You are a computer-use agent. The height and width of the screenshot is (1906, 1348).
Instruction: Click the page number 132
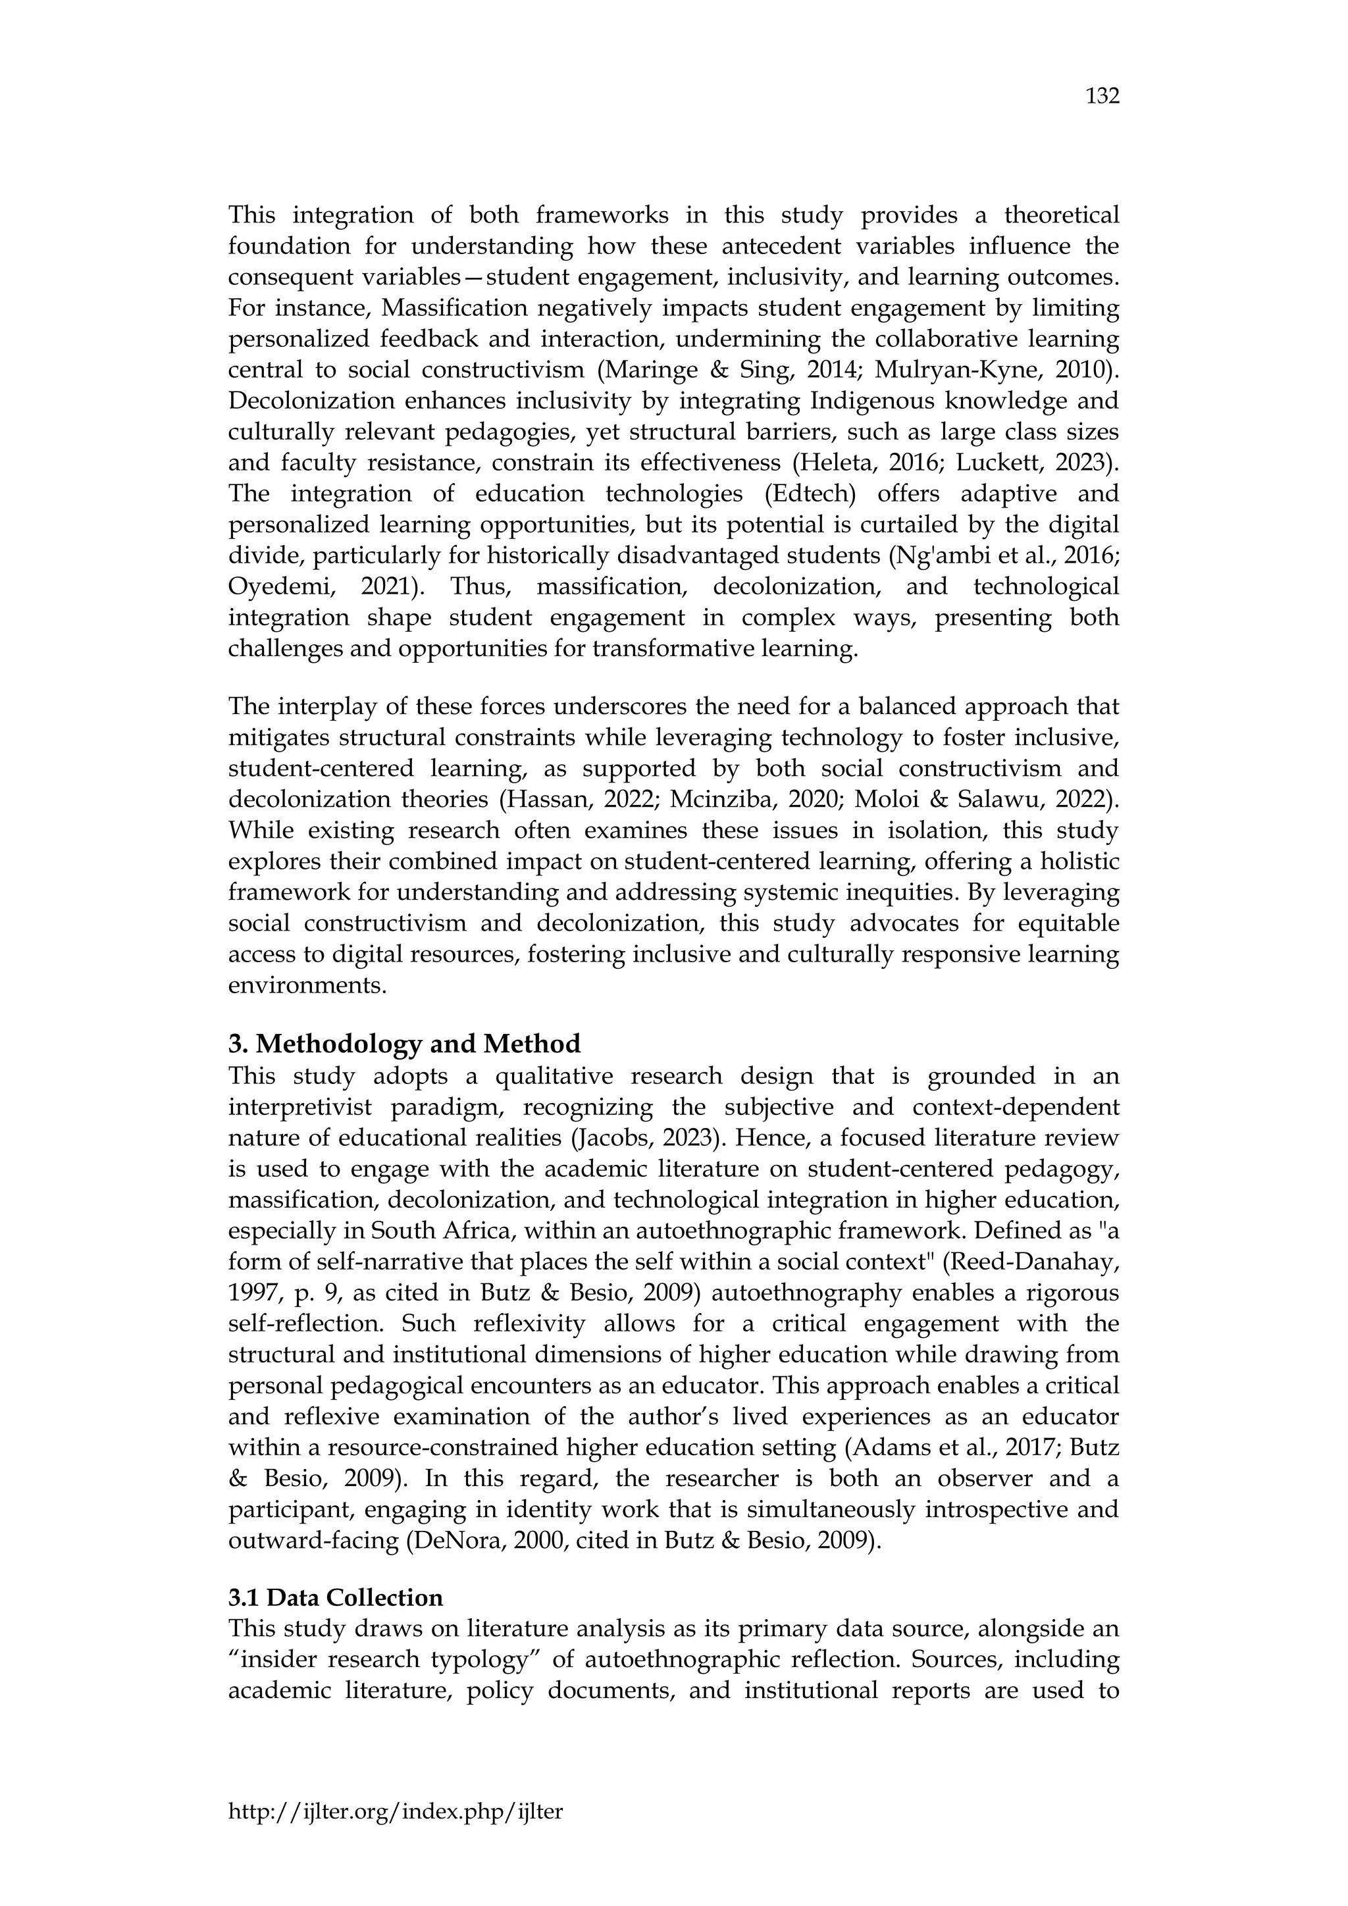pyautogui.click(x=1102, y=96)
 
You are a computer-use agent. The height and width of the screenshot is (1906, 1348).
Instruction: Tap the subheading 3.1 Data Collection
pyautogui.click(x=335, y=1598)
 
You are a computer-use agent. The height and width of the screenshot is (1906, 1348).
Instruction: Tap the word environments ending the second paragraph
pyautogui.click(x=307, y=985)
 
